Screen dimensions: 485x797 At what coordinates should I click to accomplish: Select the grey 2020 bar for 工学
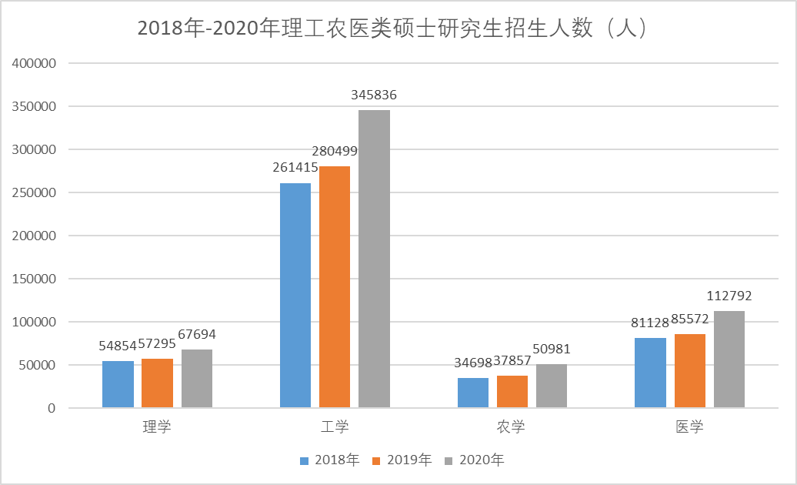point(374,259)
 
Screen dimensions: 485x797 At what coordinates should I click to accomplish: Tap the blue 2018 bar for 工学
point(295,295)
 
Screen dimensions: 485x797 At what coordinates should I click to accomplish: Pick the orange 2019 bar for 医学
point(689,370)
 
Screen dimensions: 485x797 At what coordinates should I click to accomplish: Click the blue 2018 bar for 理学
point(118,384)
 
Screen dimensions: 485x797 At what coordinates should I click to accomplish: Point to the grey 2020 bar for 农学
point(551,386)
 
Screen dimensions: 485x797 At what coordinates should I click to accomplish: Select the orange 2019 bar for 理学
point(157,383)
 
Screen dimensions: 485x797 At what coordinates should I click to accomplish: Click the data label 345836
point(374,95)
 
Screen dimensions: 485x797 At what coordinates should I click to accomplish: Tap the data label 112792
point(729,296)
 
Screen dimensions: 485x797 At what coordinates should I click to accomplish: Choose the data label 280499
point(335,151)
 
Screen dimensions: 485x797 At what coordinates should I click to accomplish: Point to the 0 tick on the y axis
point(52,408)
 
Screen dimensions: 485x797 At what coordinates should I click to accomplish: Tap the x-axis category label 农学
point(511,426)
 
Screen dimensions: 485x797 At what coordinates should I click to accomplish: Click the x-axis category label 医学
point(689,426)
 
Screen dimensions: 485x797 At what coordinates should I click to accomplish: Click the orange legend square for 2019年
point(377,461)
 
